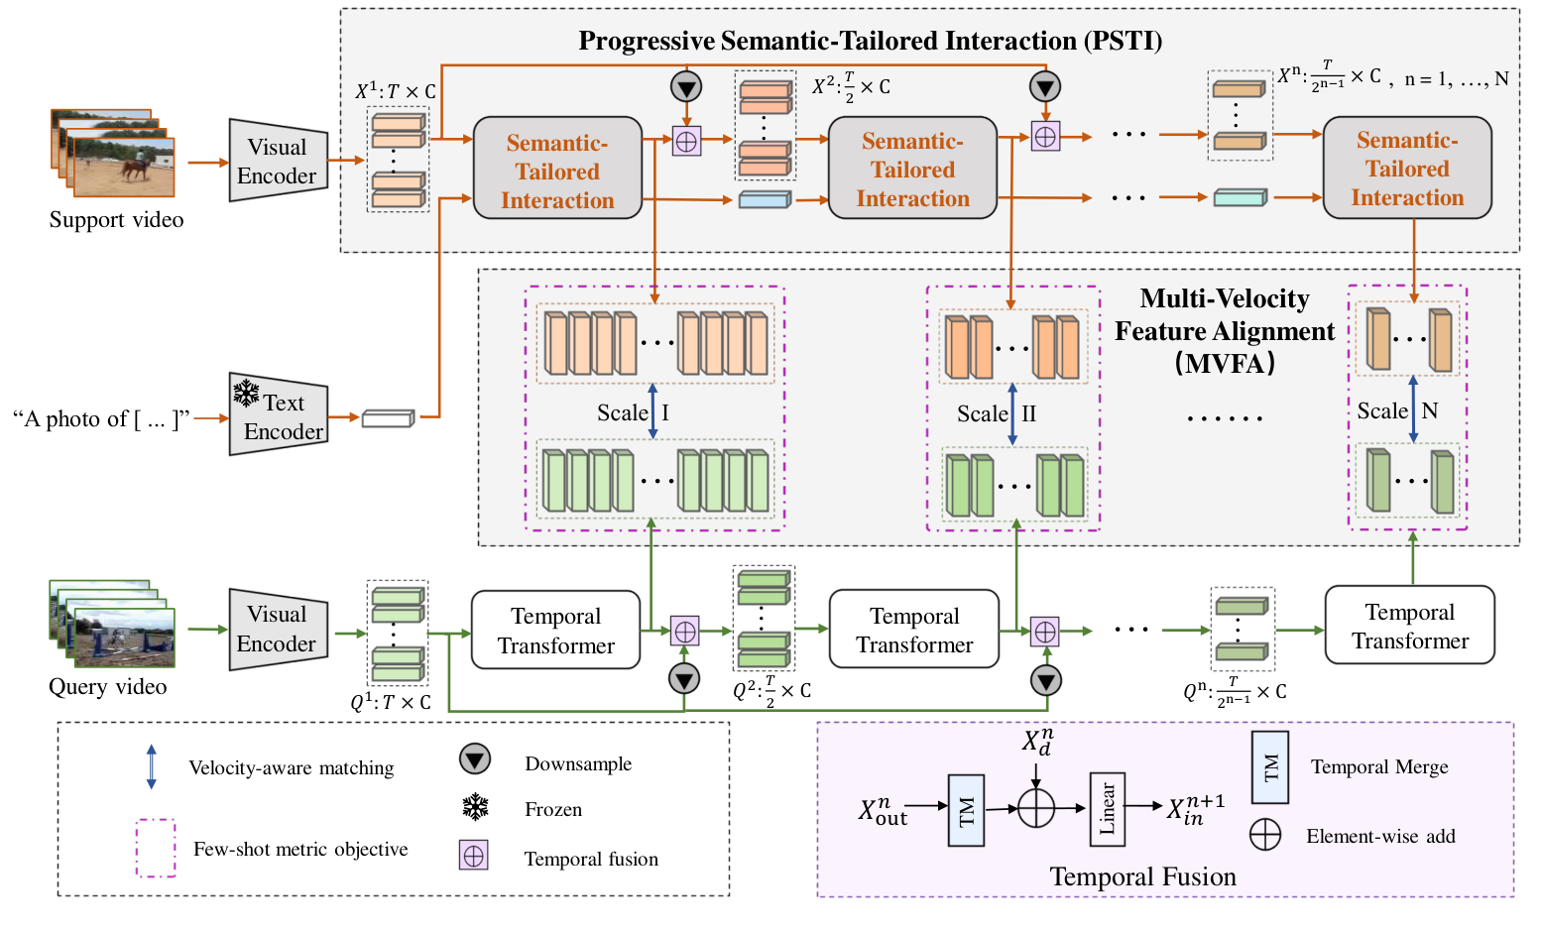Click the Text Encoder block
coord(279,415)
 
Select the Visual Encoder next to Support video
coord(278,161)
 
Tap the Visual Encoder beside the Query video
coord(278,629)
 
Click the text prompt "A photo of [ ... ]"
coord(100,419)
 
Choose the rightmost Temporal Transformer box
coord(1409,626)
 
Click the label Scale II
coord(996,413)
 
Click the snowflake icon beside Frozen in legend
coord(476,808)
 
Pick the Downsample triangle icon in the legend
coord(475,760)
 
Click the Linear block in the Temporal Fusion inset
coord(1107,808)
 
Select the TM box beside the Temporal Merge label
coord(1269,766)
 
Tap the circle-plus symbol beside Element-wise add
coord(1265,835)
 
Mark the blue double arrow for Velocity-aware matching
coord(151,767)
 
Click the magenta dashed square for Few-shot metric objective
coord(156,848)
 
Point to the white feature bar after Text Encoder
coord(387,418)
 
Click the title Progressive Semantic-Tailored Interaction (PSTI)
coord(870,41)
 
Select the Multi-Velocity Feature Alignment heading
coord(1224,330)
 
